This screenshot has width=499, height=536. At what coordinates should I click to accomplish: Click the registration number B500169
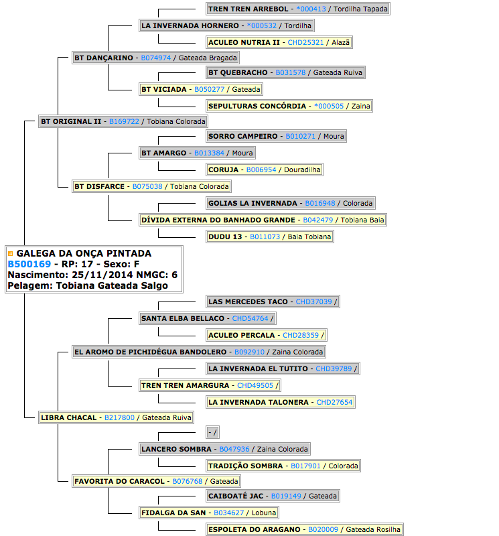(x=29, y=264)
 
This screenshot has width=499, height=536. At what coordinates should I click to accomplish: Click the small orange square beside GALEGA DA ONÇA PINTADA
(x=10, y=254)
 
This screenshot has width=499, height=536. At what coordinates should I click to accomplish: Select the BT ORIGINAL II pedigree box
(x=123, y=121)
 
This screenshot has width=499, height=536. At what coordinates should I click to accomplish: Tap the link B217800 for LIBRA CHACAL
(x=119, y=417)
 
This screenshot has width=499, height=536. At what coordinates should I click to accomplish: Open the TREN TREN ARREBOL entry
(x=297, y=9)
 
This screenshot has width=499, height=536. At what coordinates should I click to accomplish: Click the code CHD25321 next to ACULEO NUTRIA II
(x=305, y=42)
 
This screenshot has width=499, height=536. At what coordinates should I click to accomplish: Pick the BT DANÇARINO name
(x=104, y=58)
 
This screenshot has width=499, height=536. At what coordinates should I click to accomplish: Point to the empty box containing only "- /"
(x=212, y=432)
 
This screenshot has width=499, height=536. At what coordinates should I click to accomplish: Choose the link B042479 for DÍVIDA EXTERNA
(x=318, y=220)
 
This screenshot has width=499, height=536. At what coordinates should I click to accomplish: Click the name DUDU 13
(x=225, y=237)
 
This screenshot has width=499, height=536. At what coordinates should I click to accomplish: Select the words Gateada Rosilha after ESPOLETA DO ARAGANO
(x=373, y=529)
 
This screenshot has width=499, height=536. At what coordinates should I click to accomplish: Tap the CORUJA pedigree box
(x=264, y=170)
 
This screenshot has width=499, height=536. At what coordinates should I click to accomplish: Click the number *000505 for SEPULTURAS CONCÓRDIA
(x=329, y=106)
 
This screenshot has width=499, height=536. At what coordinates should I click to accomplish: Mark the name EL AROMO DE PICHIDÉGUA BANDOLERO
(x=151, y=352)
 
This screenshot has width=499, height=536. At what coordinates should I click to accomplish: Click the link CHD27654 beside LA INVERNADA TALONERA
(x=334, y=403)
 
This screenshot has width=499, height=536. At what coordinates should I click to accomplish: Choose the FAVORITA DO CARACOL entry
(x=156, y=481)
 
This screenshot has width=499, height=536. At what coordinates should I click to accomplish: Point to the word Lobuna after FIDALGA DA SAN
(x=264, y=513)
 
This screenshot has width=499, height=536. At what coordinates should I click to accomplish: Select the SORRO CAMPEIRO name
(x=243, y=136)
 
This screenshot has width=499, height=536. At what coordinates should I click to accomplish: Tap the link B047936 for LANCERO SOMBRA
(x=234, y=449)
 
